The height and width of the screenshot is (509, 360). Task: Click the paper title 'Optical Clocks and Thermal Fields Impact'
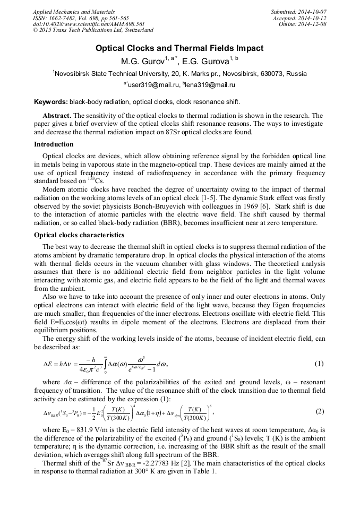[179, 48]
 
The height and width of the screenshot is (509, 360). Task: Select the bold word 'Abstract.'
[57, 115]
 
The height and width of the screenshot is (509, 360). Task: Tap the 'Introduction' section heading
[54, 144]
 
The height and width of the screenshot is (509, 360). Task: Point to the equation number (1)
[319, 364]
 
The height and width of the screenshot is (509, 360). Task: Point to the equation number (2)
[319, 411]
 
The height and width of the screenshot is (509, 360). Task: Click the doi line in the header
[89, 24]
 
